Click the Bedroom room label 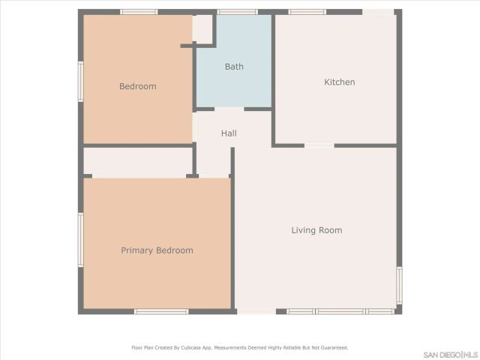tap(138, 86)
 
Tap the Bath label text tap(234, 67)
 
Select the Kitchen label tap(339, 82)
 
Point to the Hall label tap(229, 133)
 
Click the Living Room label tap(316, 230)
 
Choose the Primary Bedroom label tap(157, 250)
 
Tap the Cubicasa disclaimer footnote tap(240, 347)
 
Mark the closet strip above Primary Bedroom tap(137, 161)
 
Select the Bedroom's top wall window tap(139, 12)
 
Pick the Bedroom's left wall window tap(81, 80)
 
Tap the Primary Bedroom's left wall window tap(81, 239)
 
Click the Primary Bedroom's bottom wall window tap(160, 311)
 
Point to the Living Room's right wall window tap(399, 285)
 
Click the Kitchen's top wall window tap(307, 12)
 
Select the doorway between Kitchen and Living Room tap(319, 145)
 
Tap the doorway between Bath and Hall tap(229, 109)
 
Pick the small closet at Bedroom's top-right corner tap(203, 28)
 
